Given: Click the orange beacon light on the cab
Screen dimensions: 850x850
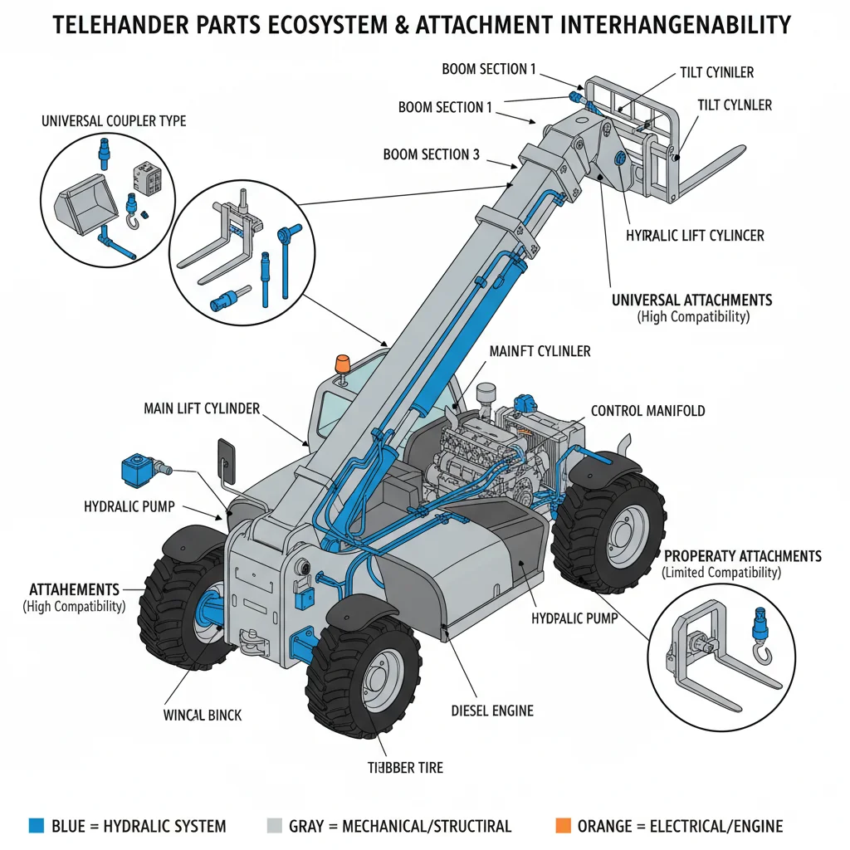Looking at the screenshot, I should point(341,364).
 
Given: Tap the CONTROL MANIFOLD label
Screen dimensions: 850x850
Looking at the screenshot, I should point(647,411).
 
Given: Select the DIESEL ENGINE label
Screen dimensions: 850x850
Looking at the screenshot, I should point(492,711).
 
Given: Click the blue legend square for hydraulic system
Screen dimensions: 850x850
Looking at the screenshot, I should point(36,825).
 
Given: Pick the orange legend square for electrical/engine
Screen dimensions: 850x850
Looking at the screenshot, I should point(563,825).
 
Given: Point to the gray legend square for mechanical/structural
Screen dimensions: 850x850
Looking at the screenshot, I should point(275,825).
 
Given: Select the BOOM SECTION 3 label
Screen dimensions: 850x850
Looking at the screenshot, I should point(431,154).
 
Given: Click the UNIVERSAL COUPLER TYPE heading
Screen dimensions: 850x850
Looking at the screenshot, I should point(114,121).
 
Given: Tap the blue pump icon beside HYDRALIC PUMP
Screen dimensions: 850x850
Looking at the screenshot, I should point(135,470).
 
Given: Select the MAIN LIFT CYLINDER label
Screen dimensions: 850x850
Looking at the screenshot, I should point(202,408).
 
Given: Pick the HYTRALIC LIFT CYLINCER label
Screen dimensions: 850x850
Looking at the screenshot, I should point(694,236).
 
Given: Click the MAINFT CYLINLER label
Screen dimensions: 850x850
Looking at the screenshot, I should point(540,351).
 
